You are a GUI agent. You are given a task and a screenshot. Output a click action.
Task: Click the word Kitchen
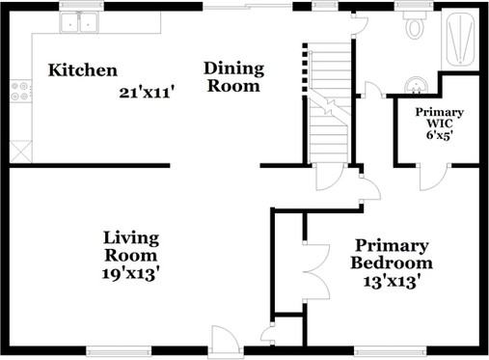point(83,70)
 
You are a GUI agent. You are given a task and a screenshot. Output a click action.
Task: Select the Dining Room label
point(232,77)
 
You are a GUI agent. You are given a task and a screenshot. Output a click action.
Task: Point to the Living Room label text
point(131,247)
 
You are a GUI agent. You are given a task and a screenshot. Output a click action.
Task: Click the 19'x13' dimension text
point(131,274)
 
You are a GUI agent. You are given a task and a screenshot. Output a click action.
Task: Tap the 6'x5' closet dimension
point(439,136)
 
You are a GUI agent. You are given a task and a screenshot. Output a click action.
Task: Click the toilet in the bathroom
point(415,26)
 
